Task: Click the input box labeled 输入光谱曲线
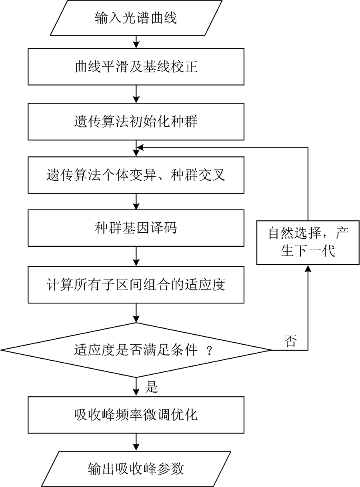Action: point(136,18)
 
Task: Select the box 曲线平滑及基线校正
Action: point(136,67)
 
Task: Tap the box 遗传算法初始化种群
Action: point(136,122)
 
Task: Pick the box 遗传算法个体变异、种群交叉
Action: point(136,175)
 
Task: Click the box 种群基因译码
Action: point(136,228)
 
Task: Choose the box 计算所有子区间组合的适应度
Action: point(136,285)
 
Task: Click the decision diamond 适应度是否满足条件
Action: point(136,350)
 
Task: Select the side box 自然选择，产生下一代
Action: point(308,242)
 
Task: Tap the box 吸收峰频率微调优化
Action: point(136,415)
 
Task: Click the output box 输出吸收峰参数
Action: point(136,469)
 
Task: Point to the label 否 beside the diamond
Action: point(290,341)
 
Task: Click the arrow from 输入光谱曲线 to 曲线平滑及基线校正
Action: point(136,42)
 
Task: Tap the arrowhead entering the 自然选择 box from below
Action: point(308,269)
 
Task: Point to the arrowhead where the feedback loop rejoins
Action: point(140,148)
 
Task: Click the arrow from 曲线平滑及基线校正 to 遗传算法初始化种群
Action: point(136,94)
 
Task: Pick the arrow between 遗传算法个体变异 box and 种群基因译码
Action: point(136,202)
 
